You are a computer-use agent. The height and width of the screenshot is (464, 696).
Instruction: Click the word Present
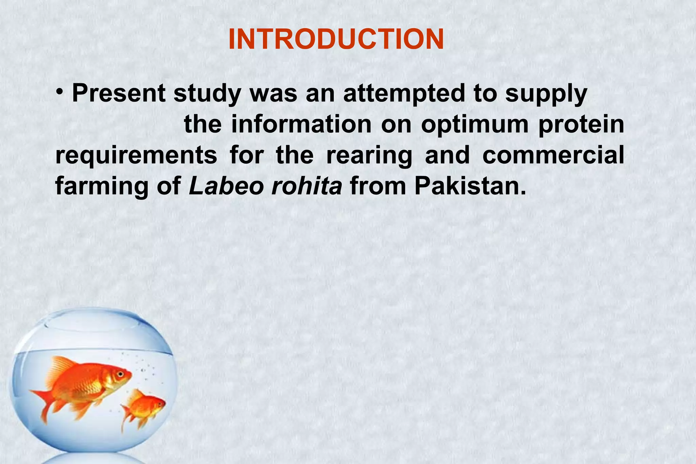pos(119,93)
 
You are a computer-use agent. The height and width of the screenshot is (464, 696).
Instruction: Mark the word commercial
pos(553,155)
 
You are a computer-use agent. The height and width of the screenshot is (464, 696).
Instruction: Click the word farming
pos(102,187)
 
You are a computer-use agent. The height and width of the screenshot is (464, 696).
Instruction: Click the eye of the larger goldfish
pos(120,374)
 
